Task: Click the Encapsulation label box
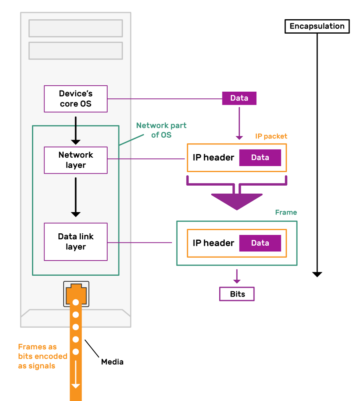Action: click(317, 26)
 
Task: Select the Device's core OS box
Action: click(76, 98)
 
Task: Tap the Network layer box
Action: click(76, 160)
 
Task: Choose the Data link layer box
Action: click(76, 242)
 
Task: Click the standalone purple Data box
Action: click(239, 98)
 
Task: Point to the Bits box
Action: click(237, 294)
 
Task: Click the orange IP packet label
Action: click(271, 136)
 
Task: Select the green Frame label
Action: click(286, 213)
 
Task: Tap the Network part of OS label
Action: click(161, 130)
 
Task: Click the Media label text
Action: click(112, 362)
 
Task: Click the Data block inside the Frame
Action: click(260, 243)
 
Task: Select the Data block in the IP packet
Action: click(260, 158)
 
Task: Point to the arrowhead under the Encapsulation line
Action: click(317, 274)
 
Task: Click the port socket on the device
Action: click(76, 293)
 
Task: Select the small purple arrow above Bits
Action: click(237, 277)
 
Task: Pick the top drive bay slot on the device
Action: click(76, 28)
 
